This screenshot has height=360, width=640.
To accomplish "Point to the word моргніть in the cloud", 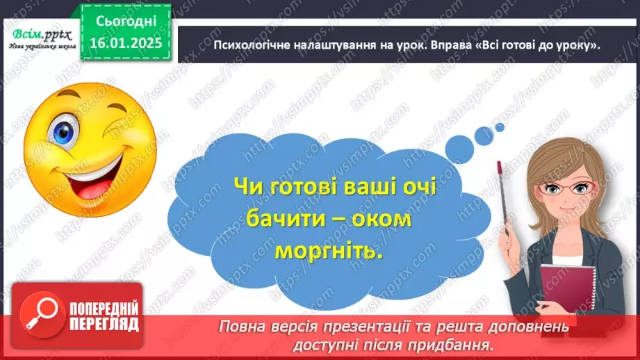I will (x=329, y=250).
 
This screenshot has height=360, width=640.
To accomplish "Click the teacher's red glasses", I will (x=568, y=188).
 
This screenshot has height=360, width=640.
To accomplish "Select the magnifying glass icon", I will (x=41, y=313).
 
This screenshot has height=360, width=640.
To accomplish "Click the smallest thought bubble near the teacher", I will (x=499, y=127).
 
